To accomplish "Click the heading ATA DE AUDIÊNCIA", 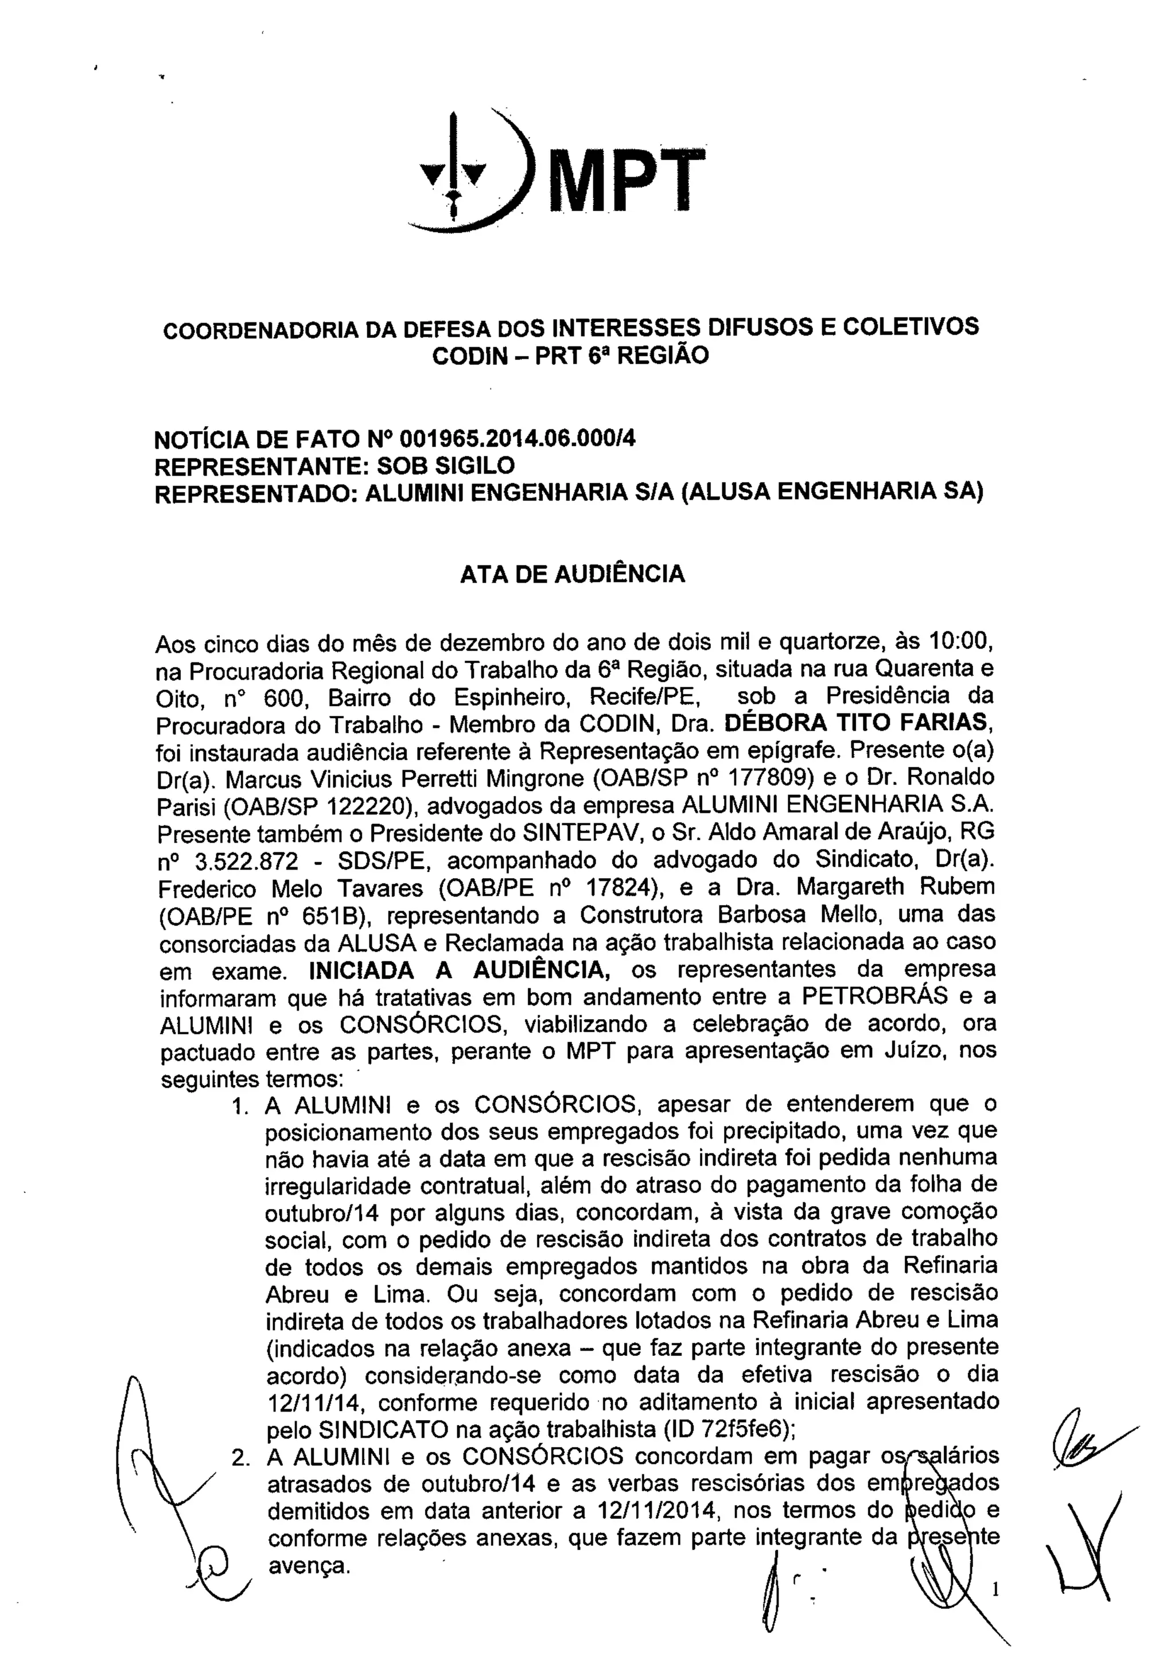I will tap(573, 574).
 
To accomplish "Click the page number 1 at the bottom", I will tap(997, 1588).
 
